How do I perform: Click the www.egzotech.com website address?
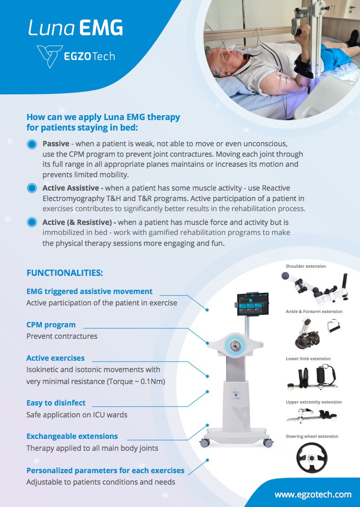313,494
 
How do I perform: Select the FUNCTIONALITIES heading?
64,273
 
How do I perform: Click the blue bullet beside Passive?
32,144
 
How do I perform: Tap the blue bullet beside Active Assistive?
32,188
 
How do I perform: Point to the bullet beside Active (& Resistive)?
32,223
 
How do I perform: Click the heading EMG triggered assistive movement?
90,291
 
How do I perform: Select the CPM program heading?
51,324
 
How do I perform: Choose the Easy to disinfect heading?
56,403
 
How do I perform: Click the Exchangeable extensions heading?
72,436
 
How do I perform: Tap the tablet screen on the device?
252,304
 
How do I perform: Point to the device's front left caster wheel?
205,443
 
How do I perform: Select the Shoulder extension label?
306,266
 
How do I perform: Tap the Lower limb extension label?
308,359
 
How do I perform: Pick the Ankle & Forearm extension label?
314,312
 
